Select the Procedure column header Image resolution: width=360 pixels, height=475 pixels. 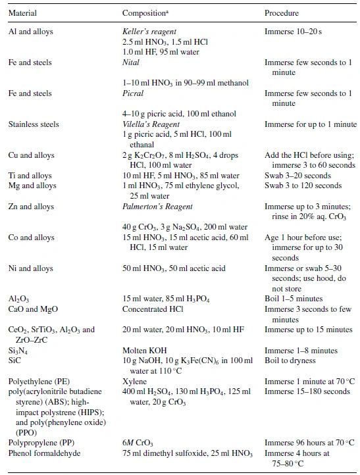pyautogui.click(x=282, y=13)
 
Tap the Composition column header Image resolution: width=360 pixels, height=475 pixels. pyautogui.click(x=147, y=13)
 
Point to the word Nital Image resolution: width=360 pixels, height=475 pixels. pyautogui.click(x=132, y=63)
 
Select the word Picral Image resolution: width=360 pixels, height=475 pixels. pyautogui.click(x=133, y=93)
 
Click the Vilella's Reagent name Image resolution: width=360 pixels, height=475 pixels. pyautogui.click(x=151, y=124)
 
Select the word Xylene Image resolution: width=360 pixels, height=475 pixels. pyautogui.click(x=134, y=381)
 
